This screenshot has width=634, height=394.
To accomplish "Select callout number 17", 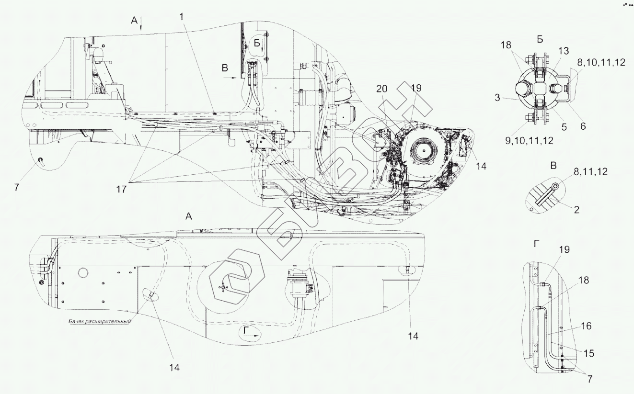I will point(121,189).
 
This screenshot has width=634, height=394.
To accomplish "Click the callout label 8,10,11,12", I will point(601,62).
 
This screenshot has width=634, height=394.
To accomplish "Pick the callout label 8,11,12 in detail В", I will point(588,171).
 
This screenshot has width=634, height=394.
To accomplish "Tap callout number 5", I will point(564,127).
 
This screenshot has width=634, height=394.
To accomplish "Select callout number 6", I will point(582,126).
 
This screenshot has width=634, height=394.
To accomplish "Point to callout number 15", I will point(588,353).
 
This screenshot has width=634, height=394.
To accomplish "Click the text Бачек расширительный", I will point(99,322).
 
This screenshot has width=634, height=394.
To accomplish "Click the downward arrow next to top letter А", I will point(142,24).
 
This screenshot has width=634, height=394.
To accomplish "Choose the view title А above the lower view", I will point(189,217).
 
